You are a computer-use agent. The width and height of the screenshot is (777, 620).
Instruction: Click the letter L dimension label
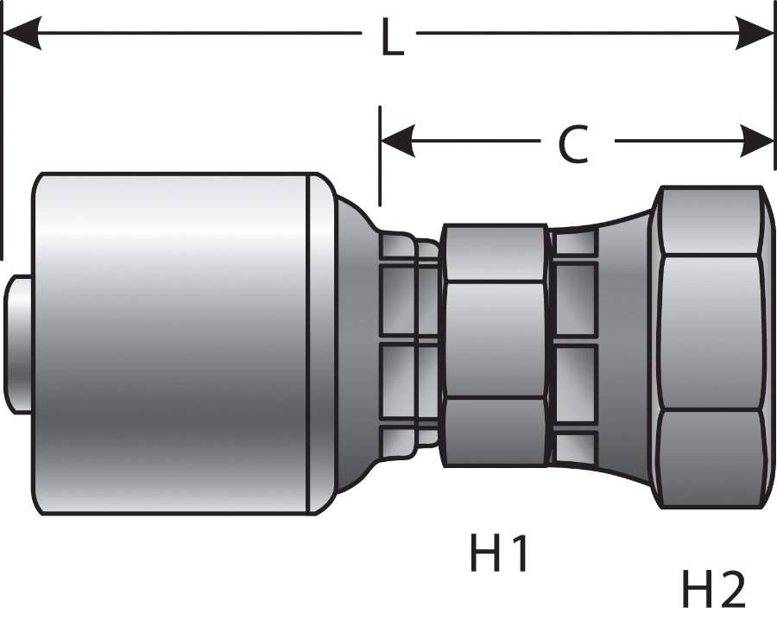pos(391,39)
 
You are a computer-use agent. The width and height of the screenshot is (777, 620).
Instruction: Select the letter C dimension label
pos(572,144)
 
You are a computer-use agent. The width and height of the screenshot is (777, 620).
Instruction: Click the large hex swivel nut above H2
pos(710,345)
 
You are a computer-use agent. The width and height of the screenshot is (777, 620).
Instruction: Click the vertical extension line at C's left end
pos(380,155)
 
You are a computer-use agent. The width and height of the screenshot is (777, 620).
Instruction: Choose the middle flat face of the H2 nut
pos(710,332)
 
